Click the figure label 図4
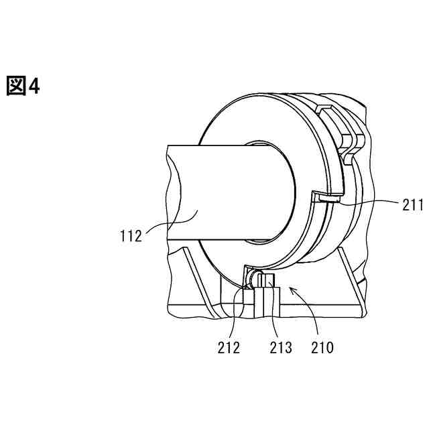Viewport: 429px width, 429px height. click(x=23, y=86)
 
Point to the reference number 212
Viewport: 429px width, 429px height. click(x=230, y=347)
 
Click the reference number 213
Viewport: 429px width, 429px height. click(x=281, y=347)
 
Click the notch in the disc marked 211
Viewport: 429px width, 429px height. click(x=327, y=197)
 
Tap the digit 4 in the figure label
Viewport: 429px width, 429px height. click(x=34, y=86)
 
